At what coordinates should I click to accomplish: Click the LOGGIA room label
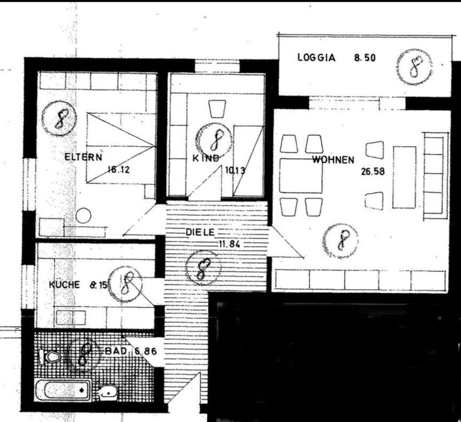[x=316, y=58]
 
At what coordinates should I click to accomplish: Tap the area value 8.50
[x=364, y=58]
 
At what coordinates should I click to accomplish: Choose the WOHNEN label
[x=333, y=160]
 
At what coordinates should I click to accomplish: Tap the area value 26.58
[x=373, y=172]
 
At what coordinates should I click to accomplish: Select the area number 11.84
[x=229, y=244]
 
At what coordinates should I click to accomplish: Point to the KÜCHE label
[x=64, y=285]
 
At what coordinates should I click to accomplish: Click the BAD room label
[x=115, y=351]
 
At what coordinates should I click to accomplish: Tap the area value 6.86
[x=146, y=351]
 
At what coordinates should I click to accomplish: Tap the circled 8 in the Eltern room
[x=59, y=118]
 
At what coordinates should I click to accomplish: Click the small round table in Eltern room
[x=84, y=215]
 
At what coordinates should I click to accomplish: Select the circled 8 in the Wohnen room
[x=341, y=239]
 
